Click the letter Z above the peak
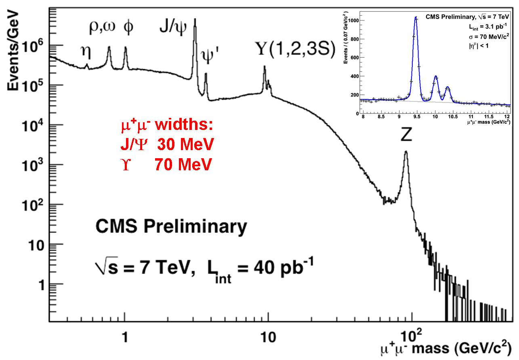[x=406, y=136]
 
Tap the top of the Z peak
[x=406, y=152]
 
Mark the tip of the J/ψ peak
[x=195, y=19]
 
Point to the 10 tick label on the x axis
[x=268, y=337]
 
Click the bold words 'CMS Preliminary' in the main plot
[x=171, y=227]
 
